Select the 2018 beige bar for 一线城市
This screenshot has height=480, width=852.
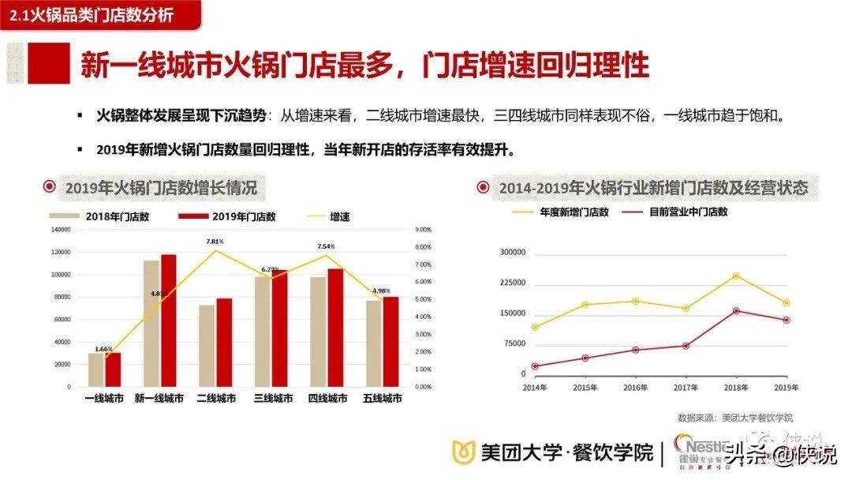coord(95,370)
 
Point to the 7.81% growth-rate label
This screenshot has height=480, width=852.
coord(215,241)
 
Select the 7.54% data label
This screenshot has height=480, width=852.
coord(326,246)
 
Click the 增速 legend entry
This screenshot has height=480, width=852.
coord(340,216)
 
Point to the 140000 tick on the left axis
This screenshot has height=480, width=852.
coord(60,230)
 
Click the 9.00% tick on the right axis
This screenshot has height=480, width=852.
coord(423,230)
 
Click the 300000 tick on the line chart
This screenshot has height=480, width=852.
coord(513,253)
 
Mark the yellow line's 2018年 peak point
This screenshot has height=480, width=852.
coord(735,276)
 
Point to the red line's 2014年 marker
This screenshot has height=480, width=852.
coord(536,366)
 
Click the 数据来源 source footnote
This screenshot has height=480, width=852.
coord(734,418)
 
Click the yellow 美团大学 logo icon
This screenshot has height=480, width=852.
coord(463,452)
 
